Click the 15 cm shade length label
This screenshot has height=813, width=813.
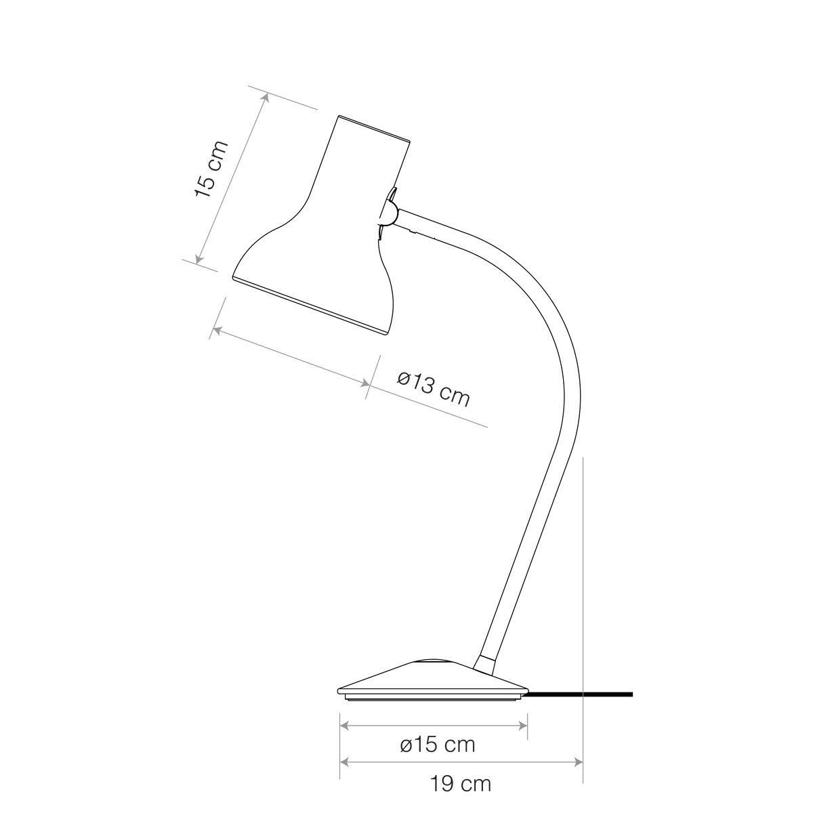click(211, 169)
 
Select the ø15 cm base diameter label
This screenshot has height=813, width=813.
click(438, 745)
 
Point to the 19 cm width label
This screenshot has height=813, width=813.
click(461, 785)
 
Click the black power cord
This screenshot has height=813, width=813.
click(581, 694)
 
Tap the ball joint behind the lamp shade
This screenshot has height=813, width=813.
click(389, 213)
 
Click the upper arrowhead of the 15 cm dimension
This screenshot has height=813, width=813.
click(266, 98)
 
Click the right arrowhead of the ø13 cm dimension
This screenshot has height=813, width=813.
click(365, 383)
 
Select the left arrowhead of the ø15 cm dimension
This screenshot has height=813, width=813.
click(344, 726)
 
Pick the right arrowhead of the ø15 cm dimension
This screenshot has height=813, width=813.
click(523, 726)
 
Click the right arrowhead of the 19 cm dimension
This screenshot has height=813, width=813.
click(578, 762)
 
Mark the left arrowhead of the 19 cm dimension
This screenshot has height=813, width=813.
click(344, 762)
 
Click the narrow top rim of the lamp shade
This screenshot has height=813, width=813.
click(374, 129)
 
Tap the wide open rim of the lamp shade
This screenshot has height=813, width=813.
click(310, 306)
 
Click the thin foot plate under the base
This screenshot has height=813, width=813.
click(432, 699)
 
